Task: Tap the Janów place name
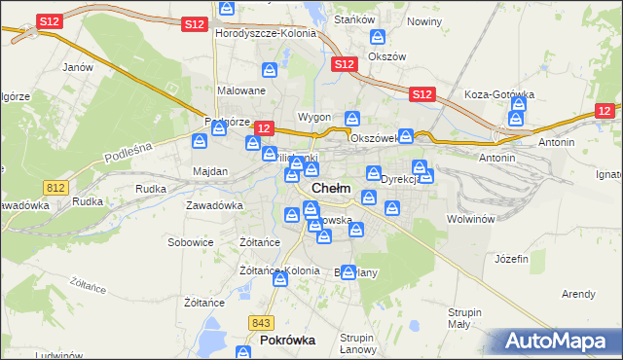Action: [77, 67]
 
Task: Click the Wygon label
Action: [314, 117]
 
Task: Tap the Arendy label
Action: [578, 293]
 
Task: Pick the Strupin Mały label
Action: [458, 318]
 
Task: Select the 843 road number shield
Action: [259, 323]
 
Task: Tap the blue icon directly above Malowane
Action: [270, 70]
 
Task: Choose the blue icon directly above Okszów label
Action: [378, 38]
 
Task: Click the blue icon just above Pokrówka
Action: [280, 280]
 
